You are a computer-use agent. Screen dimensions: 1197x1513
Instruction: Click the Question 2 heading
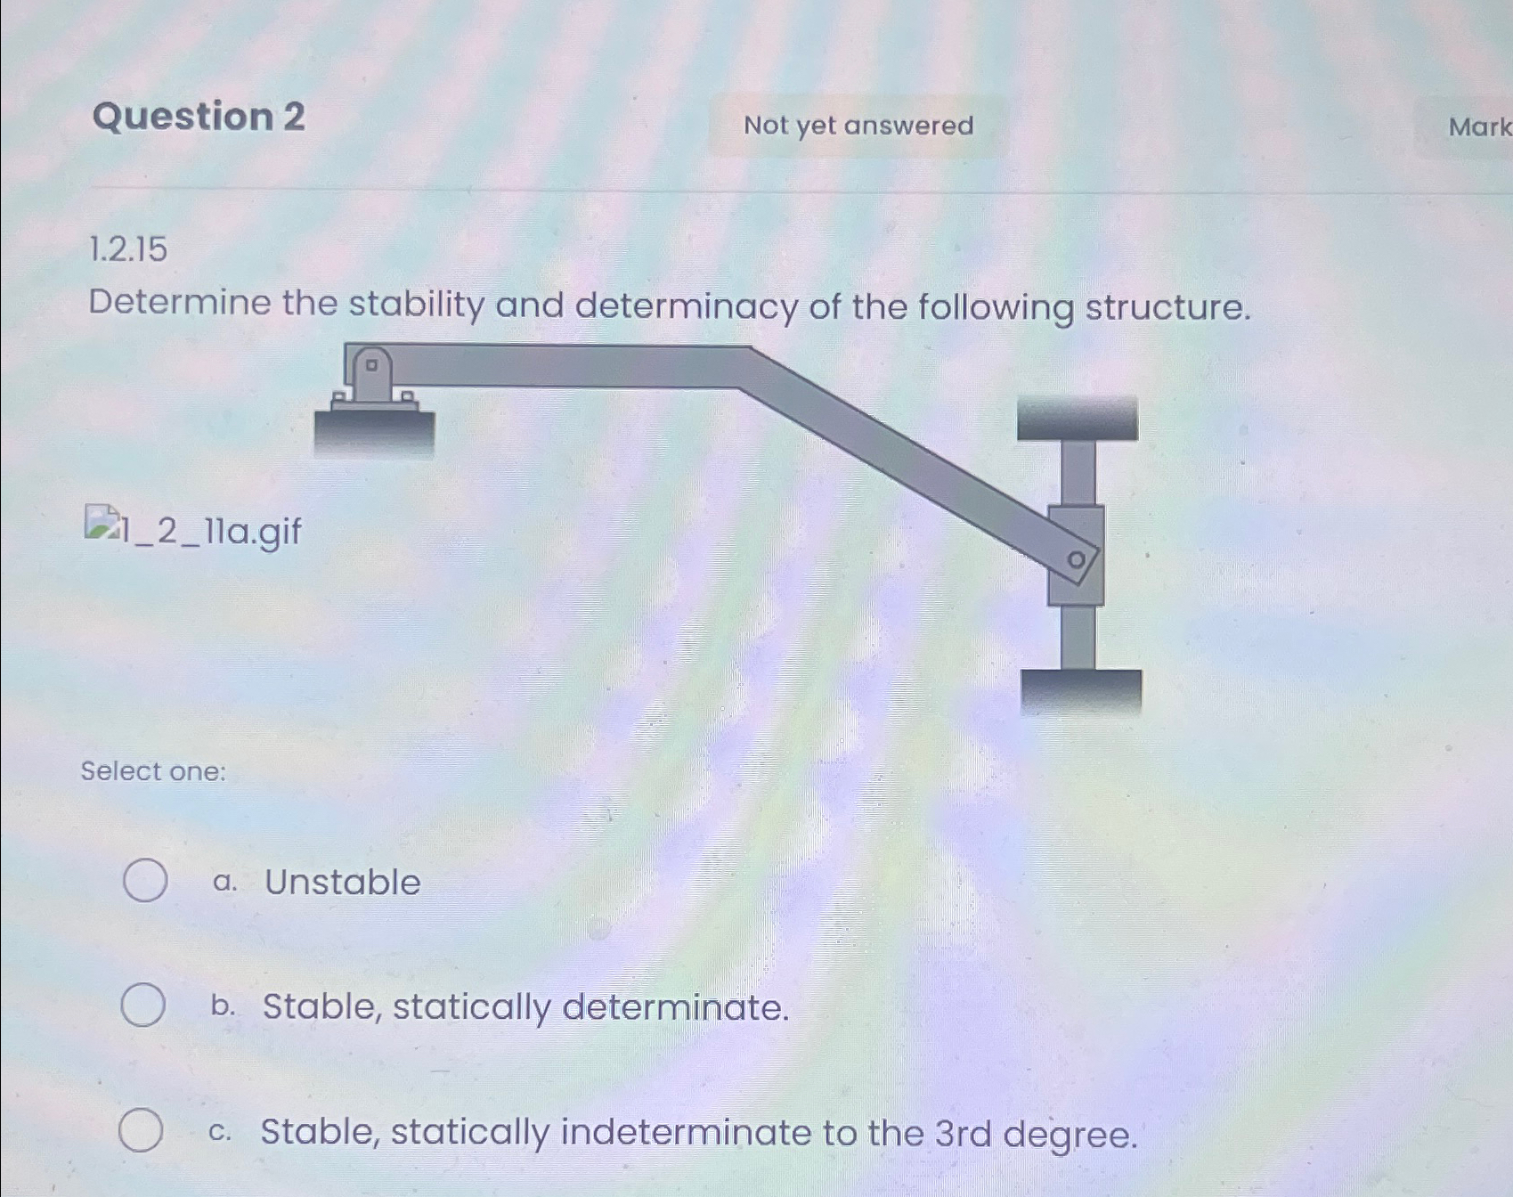[199, 117]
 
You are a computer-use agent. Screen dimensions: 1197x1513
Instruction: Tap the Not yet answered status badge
[858, 126]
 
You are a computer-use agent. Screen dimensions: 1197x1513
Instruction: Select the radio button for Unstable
[144, 880]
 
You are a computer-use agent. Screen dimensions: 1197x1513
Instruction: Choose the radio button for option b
[142, 1005]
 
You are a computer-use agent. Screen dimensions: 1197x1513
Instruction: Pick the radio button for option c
[141, 1130]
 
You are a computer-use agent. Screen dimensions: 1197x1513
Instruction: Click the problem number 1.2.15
[128, 249]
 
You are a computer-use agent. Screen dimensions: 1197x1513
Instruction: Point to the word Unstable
[343, 882]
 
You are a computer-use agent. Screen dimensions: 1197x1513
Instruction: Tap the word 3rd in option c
[963, 1133]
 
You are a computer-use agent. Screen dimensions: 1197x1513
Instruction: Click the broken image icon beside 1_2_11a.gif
[101, 523]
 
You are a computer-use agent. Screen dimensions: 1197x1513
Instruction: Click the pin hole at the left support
[372, 364]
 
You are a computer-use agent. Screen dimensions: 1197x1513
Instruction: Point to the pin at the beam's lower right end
[1077, 560]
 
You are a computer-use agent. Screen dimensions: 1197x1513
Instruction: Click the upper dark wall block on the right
[1078, 419]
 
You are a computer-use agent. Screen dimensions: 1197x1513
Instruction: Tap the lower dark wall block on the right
[1081, 691]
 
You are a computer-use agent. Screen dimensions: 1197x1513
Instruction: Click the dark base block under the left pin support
[374, 432]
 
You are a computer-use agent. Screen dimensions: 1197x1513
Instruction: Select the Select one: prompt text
[153, 770]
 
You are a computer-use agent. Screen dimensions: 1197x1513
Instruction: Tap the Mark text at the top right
[1479, 126]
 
